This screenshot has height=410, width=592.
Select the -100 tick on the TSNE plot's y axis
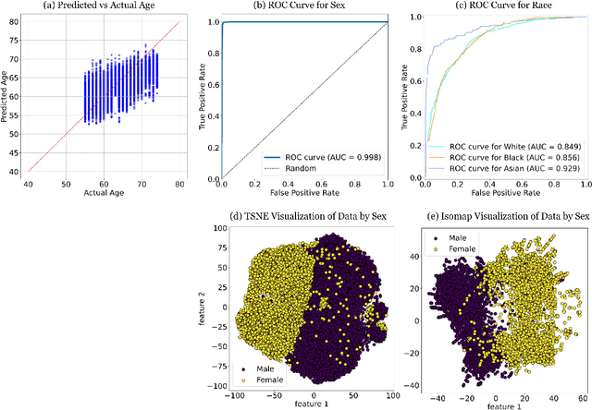(x=216, y=385)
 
